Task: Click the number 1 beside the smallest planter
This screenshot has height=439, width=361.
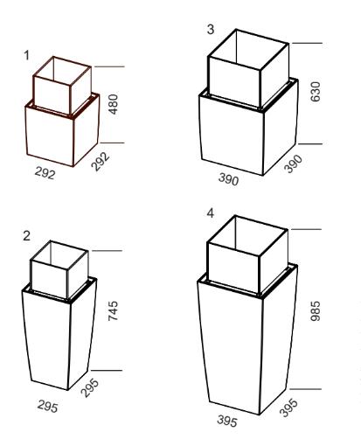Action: (27, 55)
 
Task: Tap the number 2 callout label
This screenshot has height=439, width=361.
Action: (26, 236)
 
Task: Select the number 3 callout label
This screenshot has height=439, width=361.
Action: (211, 30)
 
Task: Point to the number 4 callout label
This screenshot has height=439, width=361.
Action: (211, 213)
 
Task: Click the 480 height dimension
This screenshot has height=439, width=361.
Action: (113, 104)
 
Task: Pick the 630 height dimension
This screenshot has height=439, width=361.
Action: (316, 92)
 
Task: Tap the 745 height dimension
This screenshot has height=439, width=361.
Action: (113, 311)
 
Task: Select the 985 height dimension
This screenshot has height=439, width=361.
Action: (316, 311)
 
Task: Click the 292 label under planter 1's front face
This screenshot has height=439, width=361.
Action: (45, 173)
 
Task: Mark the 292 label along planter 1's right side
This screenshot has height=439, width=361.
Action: (101, 161)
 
